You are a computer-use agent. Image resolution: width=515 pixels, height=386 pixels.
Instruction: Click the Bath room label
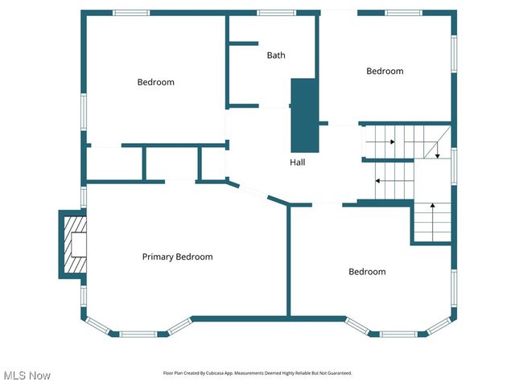(276, 55)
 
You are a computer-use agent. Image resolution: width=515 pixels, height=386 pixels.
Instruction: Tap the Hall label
(298, 162)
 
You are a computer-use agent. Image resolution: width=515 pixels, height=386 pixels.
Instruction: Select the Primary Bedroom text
(177, 257)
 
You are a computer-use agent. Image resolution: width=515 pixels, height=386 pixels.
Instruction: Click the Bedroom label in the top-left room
(155, 82)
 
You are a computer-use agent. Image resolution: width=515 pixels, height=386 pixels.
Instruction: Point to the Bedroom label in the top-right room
(385, 71)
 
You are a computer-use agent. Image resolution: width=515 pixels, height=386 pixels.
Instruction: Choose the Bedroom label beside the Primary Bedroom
(367, 272)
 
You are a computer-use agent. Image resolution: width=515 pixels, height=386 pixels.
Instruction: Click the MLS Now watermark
(27, 376)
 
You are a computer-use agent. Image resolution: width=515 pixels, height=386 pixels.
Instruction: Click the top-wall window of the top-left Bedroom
(130, 13)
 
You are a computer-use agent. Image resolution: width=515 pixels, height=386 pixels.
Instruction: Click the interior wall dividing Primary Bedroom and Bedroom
(288, 261)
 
